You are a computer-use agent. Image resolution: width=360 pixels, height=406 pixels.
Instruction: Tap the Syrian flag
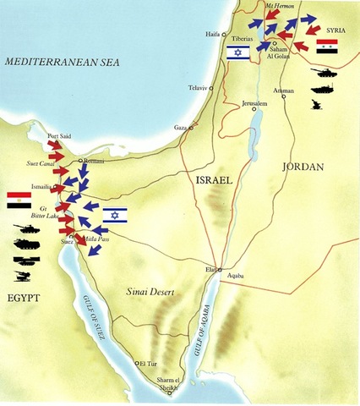pyautogui.click(x=327, y=46)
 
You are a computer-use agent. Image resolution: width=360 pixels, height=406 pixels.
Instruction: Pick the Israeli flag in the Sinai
pyautogui.click(x=115, y=215)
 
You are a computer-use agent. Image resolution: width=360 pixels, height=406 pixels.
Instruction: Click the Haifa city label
pyautogui.click(x=213, y=34)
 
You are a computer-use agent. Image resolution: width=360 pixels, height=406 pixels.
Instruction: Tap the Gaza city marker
pyautogui.click(x=191, y=128)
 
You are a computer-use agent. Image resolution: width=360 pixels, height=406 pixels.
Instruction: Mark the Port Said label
pyautogui.click(x=59, y=136)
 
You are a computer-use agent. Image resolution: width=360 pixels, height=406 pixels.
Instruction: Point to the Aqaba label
pyautogui.click(x=230, y=277)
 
